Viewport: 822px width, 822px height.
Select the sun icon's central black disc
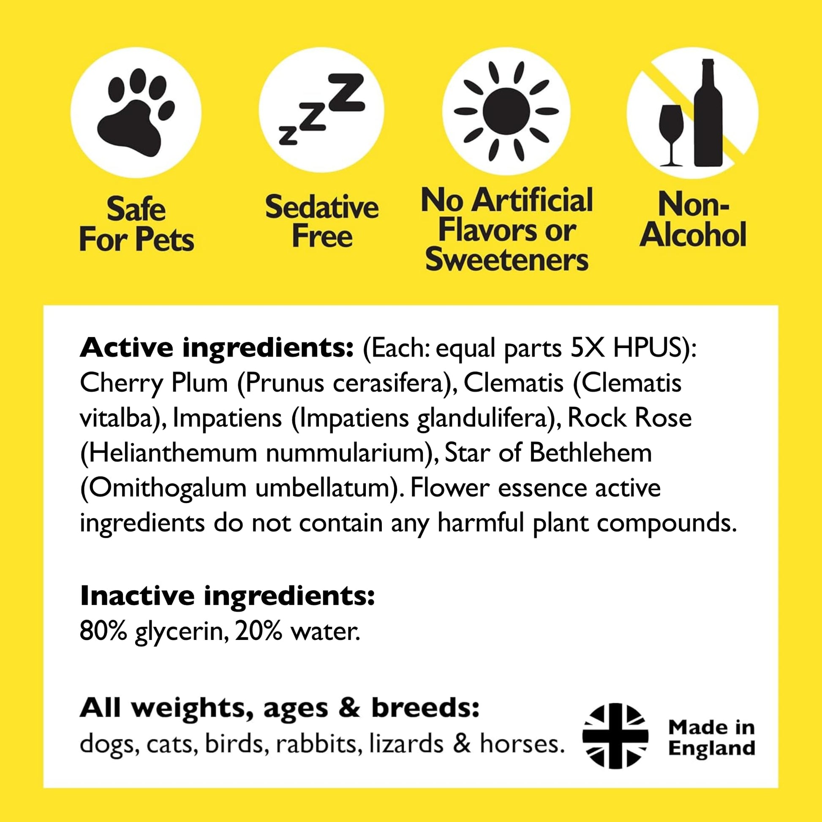pos(506,112)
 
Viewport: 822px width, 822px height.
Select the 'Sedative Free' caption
pos(321,221)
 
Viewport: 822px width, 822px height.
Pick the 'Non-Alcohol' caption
pos(693,220)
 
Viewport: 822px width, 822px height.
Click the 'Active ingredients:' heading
pos(216,348)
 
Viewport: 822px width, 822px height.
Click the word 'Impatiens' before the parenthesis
pos(227,418)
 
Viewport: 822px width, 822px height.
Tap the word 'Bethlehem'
pos(591,453)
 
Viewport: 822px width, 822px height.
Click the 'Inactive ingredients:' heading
pos(227,596)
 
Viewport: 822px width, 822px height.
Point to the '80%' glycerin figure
pos(103,631)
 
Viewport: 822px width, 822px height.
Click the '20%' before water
pos(258,631)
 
